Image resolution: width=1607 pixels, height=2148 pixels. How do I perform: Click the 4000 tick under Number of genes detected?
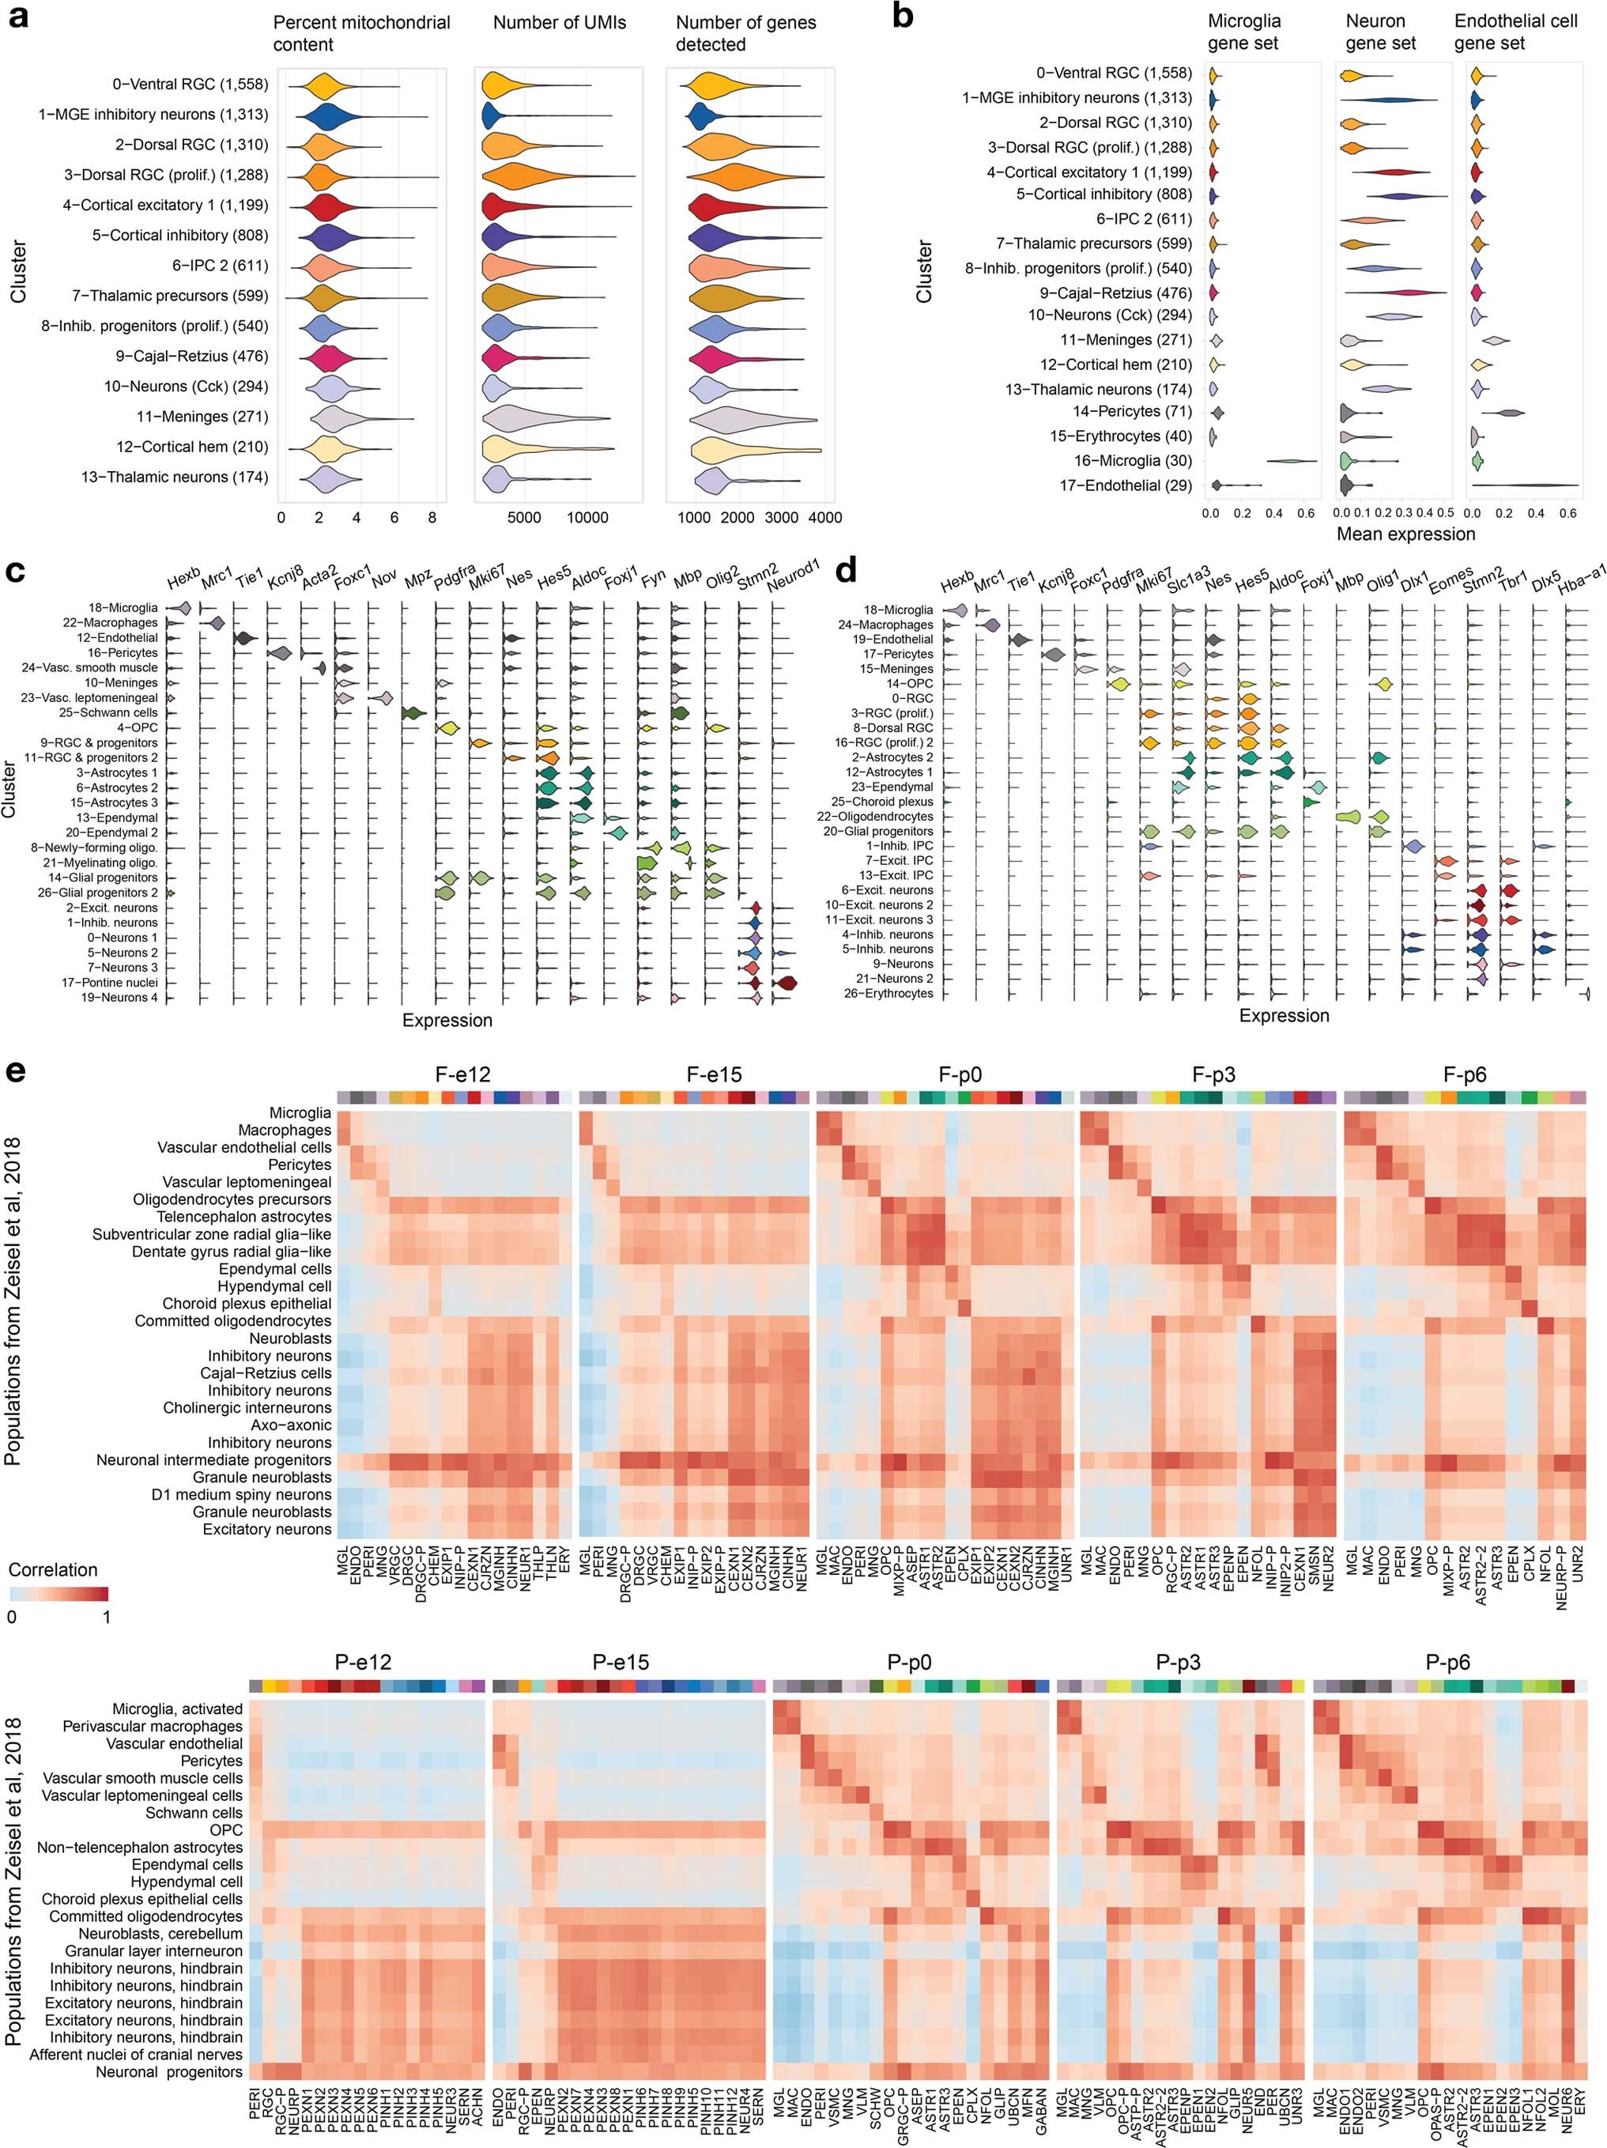click(824, 518)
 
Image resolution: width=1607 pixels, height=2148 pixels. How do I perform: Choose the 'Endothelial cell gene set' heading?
click(1516, 32)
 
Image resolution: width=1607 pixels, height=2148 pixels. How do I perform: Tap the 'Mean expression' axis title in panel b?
click(1405, 534)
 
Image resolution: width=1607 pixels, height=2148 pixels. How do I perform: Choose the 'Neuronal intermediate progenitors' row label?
click(213, 1459)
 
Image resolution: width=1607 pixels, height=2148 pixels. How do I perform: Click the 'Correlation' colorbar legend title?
click(54, 1570)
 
